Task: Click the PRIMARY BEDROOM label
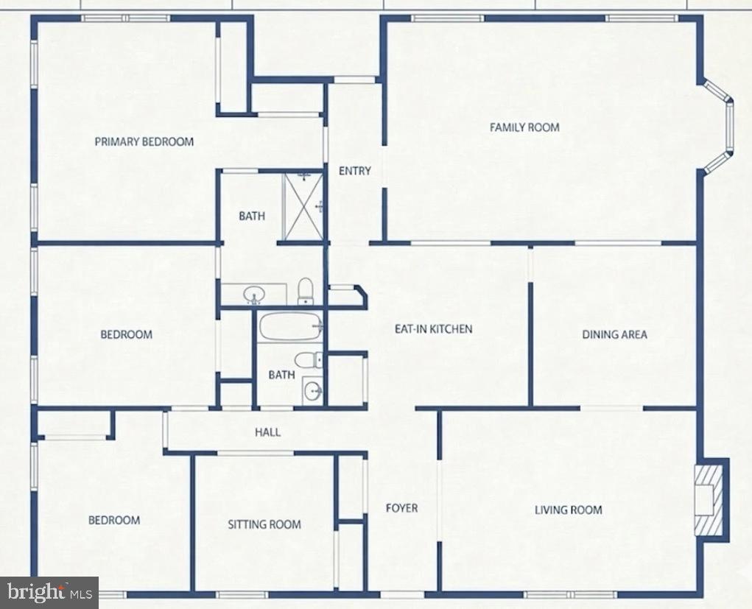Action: (x=144, y=141)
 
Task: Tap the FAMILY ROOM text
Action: (x=524, y=127)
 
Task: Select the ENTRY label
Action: (x=354, y=171)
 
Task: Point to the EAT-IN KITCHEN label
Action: (x=433, y=328)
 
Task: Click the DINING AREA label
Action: (x=614, y=334)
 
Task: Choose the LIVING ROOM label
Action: (x=568, y=510)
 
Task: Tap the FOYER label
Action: (x=401, y=508)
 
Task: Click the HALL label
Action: (x=267, y=432)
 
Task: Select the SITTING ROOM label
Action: (x=264, y=524)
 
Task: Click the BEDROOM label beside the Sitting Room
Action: (x=114, y=520)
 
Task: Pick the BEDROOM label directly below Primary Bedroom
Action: (x=126, y=334)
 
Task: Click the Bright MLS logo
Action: (x=49, y=591)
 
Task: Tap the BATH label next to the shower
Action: (x=252, y=217)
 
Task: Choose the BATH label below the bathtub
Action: (x=281, y=375)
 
